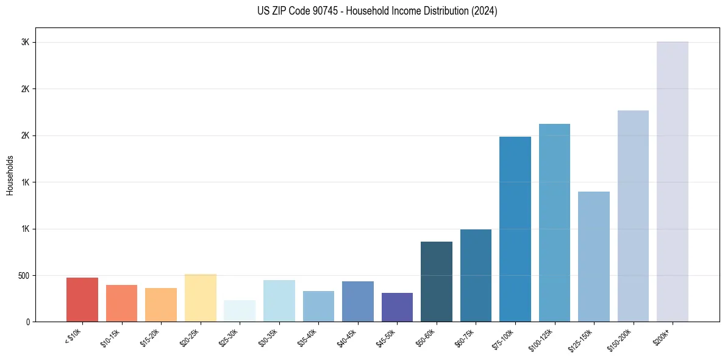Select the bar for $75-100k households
point(515,229)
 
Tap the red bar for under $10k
point(82,300)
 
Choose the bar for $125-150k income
point(594,256)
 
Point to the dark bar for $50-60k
point(437,281)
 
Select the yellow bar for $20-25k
point(201,298)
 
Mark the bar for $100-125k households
point(554,223)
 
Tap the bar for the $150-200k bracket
point(633,216)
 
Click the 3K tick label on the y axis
point(25,42)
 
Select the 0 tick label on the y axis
point(27,322)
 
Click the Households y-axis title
point(10,175)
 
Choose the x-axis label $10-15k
point(110,337)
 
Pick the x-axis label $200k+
point(662,336)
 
